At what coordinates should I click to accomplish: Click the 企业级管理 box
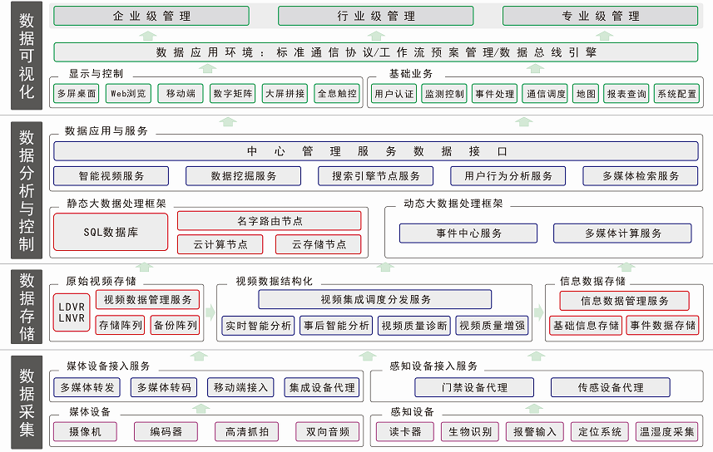[x=152, y=16]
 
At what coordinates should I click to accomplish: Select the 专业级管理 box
[x=601, y=16]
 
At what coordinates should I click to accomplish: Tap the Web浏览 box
[x=129, y=93]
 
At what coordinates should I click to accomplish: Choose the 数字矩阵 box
[x=233, y=93]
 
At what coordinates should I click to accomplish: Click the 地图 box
[x=586, y=94]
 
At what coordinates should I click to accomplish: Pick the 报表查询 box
[x=626, y=94]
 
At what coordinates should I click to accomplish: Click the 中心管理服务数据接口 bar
[x=376, y=151]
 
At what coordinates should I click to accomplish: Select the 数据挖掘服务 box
[x=243, y=176]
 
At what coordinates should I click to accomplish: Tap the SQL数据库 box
[x=111, y=233]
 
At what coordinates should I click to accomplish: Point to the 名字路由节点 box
[x=269, y=221]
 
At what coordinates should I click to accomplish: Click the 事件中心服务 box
[x=468, y=233]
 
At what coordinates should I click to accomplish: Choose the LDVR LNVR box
[x=72, y=312]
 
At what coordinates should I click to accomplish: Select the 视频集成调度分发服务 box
[x=375, y=300]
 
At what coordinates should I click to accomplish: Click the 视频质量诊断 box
[x=413, y=326]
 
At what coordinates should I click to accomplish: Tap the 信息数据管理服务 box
[x=624, y=301]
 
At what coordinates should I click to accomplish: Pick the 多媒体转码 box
[x=164, y=387]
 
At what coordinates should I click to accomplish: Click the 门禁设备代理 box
[x=474, y=387]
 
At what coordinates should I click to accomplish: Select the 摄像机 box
[x=85, y=432]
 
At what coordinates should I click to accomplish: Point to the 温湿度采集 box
[x=666, y=432]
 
